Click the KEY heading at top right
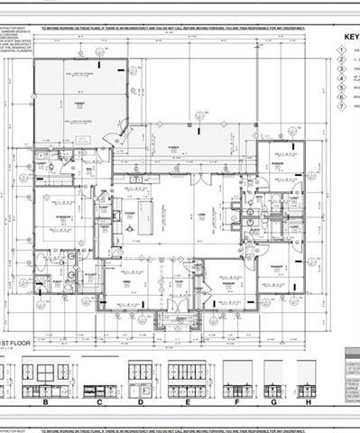coord(350,38)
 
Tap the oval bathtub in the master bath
coord(42,263)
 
